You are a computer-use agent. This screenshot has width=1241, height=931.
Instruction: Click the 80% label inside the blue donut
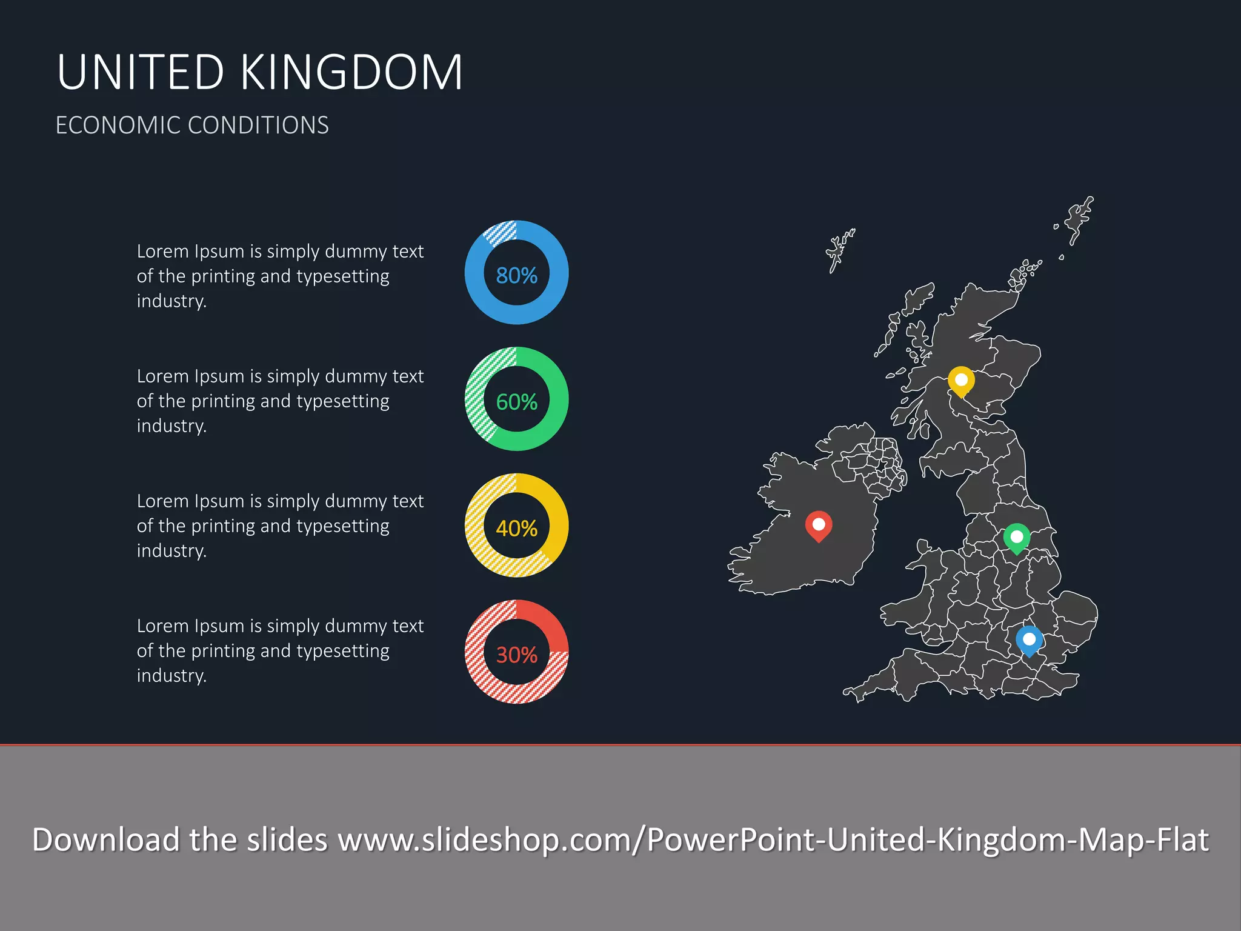pos(516,276)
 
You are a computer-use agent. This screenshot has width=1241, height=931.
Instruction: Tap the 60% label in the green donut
pos(516,402)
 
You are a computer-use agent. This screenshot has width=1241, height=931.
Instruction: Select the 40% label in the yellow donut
pos(516,529)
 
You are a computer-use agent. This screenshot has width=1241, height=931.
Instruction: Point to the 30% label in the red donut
pos(516,655)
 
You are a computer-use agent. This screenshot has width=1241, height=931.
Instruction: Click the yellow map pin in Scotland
pos(961,381)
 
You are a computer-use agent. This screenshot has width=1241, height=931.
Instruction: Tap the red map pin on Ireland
pos(818,524)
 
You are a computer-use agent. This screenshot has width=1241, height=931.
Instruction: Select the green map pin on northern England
pos(1017,537)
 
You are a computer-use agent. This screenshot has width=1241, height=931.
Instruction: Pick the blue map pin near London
pos(1029,639)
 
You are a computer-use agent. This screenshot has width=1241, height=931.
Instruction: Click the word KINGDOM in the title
pos(351,73)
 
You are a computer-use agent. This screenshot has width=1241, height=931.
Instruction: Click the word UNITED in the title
pos(141,73)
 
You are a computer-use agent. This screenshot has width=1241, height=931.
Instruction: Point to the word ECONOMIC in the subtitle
pos(118,125)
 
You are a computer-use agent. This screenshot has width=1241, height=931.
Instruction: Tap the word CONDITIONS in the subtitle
pos(258,125)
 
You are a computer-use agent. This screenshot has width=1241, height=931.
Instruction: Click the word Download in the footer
pos(106,840)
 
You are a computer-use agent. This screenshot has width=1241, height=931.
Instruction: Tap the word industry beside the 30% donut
pos(171,675)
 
